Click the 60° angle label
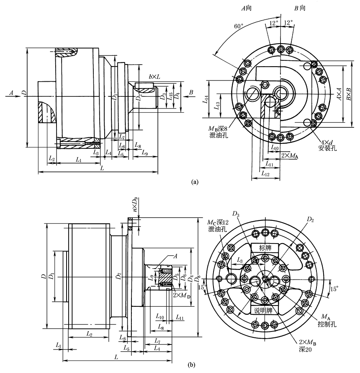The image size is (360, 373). (239, 26)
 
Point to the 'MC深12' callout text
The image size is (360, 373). (216, 222)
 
